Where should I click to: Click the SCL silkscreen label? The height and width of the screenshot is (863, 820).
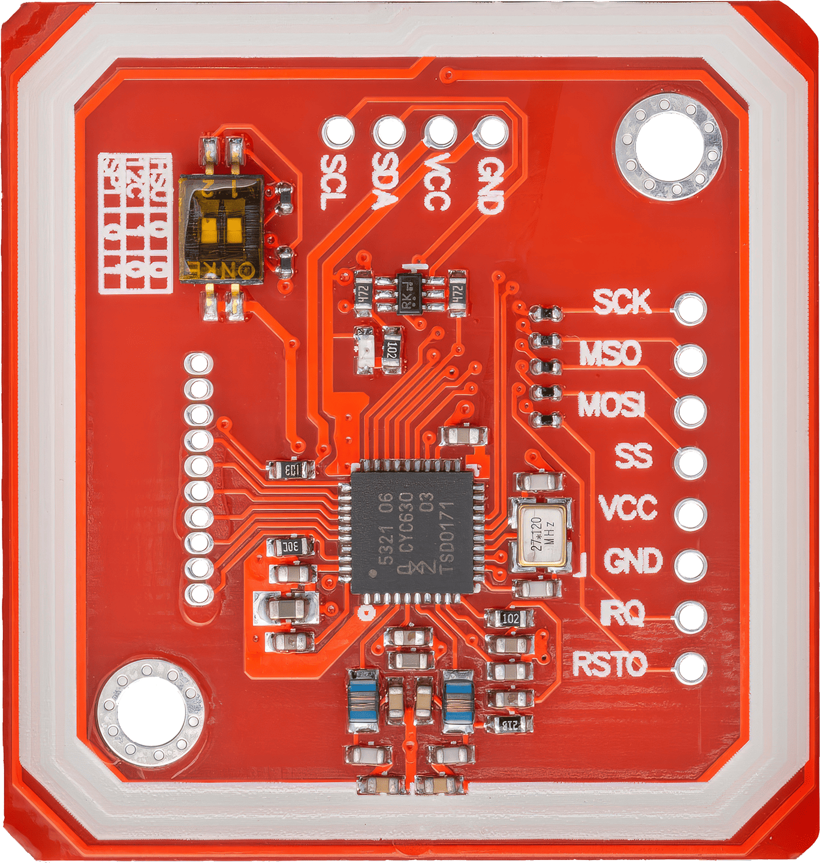(334, 182)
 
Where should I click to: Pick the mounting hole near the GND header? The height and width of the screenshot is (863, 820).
(670, 146)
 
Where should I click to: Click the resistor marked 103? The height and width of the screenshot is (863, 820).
(292, 470)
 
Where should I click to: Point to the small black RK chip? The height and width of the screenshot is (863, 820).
(413, 293)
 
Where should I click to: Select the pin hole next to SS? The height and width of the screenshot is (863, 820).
(691, 463)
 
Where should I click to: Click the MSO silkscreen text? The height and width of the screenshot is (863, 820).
(610, 353)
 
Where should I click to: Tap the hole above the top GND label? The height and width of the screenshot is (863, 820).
(493, 131)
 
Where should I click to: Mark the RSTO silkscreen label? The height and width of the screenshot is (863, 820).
(609, 665)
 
